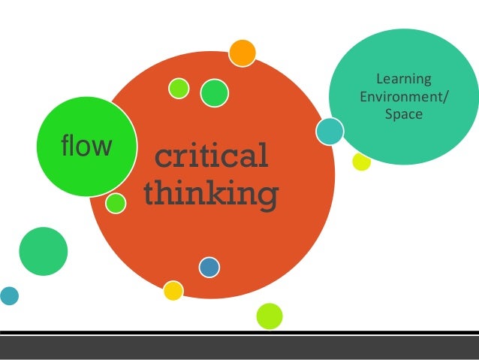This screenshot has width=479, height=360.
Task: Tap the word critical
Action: [x=211, y=157]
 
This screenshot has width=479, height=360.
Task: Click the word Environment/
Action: [x=397, y=97]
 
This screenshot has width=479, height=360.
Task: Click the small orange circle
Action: [x=242, y=53]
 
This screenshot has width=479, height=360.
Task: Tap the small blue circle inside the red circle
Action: [x=209, y=267]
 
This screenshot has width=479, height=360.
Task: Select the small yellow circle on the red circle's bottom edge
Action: [x=173, y=290]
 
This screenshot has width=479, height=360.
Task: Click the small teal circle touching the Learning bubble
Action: [x=330, y=132]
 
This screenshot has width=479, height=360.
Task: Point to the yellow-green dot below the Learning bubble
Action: [x=362, y=162]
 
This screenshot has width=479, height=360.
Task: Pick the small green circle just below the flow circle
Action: [x=116, y=202]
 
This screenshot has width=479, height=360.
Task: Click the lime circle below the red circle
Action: [x=269, y=316]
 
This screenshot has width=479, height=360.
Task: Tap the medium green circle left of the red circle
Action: [x=44, y=250]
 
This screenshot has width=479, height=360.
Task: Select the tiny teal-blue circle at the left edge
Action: [x=8, y=295]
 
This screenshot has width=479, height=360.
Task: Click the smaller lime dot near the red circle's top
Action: [x=179, y=88]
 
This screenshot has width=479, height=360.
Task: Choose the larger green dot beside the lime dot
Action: [x=214, y=92]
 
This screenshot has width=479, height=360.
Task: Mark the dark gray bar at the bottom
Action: [x=239, y=347]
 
